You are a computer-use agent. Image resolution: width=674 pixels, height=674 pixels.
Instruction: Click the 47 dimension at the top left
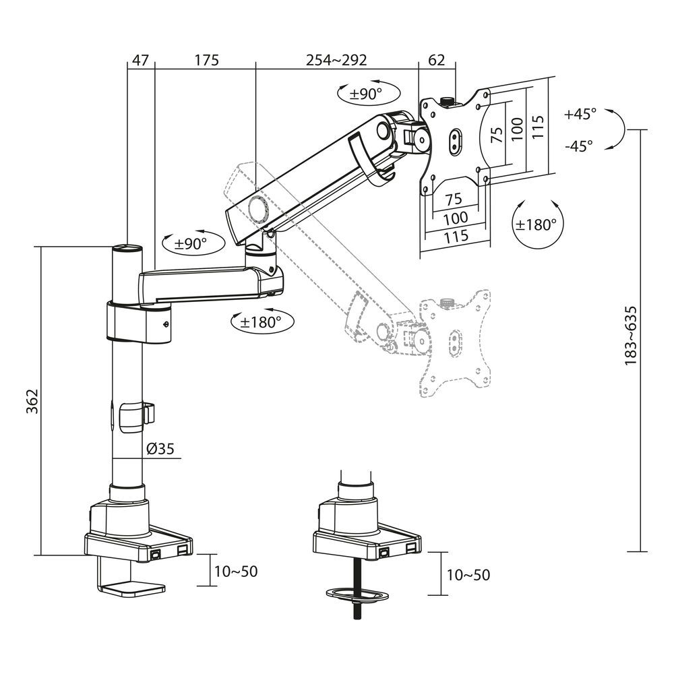[x=140, y=60]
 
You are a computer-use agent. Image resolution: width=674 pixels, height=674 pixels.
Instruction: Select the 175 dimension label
[x=207, y=60]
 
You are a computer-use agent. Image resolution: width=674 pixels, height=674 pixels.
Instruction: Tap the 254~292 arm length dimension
[x=336, y=60]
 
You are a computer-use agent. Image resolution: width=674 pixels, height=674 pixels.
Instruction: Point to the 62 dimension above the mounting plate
[x=437, y=60]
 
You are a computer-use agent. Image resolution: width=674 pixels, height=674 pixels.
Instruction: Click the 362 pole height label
[x=30, y=402]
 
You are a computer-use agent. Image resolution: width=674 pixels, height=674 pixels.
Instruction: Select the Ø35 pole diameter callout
[x=160, y=448]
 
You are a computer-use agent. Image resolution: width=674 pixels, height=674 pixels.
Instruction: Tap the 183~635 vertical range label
[x=631, y=336]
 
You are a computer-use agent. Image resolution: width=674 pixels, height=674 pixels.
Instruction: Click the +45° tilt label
[x=580, y=114]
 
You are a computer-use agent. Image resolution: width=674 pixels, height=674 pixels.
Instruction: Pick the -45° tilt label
[x=580, y=144]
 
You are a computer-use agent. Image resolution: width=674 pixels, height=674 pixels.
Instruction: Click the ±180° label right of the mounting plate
[x=537, y=224]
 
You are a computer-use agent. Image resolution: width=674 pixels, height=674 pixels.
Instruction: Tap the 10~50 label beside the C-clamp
[x=236, y=572]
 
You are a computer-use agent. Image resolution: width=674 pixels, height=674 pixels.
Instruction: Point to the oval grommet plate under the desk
[x=359, y=594]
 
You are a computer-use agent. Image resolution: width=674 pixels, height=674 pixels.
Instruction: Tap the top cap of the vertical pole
[x=127, y=249]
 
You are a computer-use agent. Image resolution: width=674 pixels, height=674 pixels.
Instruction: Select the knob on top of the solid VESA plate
[x=446, y=102]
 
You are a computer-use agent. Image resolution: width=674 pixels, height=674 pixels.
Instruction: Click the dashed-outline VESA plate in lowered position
[x=453, y=344]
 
